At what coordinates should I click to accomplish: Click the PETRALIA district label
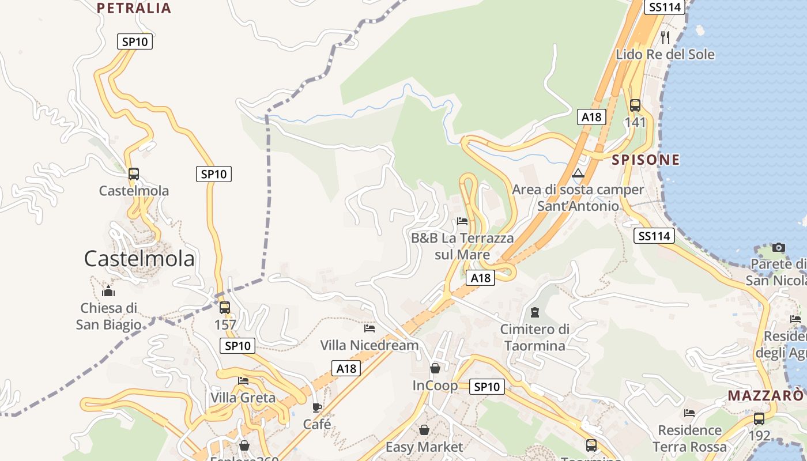(134, 8)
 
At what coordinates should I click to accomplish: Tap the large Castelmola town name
(139, 259)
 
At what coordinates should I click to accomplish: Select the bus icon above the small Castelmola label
(134, 173)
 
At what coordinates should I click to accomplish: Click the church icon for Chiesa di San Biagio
(108, 291)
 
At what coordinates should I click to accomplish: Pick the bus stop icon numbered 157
(225, 308)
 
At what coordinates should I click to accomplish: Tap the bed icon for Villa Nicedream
(369, 328)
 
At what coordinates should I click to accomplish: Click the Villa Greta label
(243, 398)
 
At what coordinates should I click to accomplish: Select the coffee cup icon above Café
(317, 407)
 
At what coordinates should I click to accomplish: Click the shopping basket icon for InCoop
(435, 368)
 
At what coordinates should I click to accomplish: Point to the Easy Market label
(424, 447)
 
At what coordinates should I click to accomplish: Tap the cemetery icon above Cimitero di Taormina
(535, 312)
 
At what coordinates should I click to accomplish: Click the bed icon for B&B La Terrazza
(462, 221)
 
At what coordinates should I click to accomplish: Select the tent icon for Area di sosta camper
(578, 173)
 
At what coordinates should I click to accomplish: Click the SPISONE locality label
(646, 160)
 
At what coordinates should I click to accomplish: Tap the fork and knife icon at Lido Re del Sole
(665, 37)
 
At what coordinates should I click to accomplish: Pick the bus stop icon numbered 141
(635, 105)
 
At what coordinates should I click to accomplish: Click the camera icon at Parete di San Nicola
(779, 247)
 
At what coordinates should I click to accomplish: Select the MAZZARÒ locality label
(765, 396)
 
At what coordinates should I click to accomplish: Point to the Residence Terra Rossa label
(689, 438)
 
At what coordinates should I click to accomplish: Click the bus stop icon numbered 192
(759, 419)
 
